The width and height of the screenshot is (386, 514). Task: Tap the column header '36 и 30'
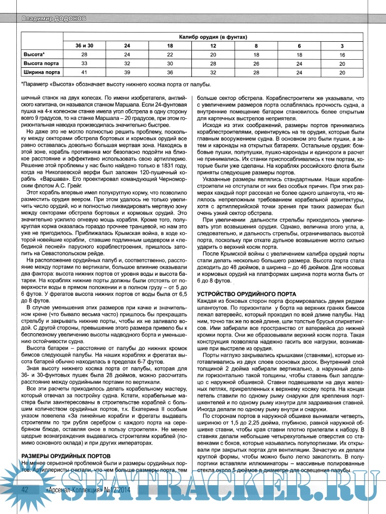(83, 46)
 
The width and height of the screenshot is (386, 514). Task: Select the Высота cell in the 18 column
(170, 55)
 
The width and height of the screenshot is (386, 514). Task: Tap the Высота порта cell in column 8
(256, 63)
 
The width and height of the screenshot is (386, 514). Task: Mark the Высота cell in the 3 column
(342, 55)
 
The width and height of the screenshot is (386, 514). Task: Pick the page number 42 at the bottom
(25, 504)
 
